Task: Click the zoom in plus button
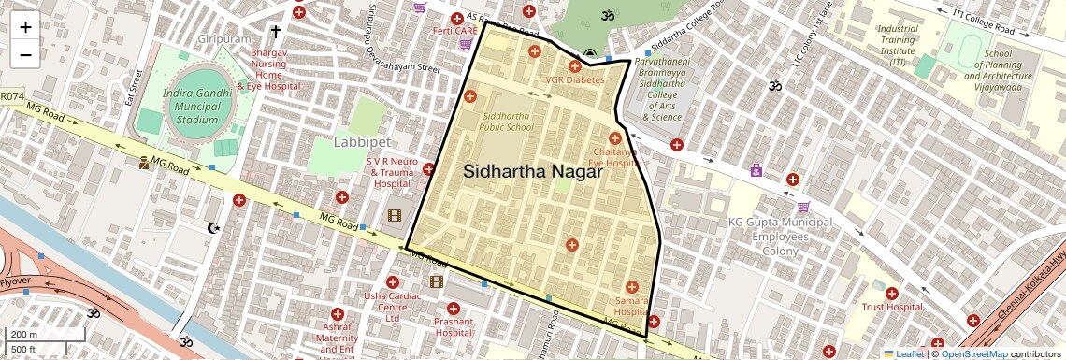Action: pos(25,27)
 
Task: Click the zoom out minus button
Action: pos(25,54)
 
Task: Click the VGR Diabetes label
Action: pos(575,80)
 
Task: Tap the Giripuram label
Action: pos(224,40)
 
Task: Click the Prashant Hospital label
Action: pos(454,326)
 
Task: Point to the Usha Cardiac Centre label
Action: pos(392,308)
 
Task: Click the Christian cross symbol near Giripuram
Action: pos(275,30)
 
